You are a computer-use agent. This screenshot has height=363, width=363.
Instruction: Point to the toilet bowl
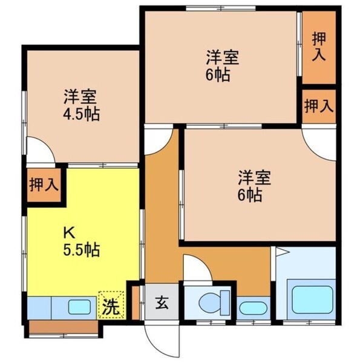(x=210, y=301)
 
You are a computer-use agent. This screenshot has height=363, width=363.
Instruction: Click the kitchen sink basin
(x=79, y=307)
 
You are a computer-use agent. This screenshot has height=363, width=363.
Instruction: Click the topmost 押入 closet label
(x=318, y=46)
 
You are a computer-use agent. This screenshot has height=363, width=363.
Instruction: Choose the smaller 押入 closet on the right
(x=318, y=106)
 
